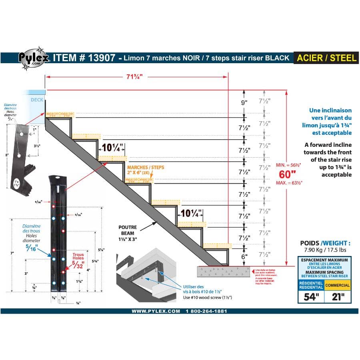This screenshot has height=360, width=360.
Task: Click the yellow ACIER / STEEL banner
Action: (326, 58)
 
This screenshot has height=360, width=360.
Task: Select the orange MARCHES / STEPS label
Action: (145, 167)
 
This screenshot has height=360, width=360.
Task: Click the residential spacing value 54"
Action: (311, 297)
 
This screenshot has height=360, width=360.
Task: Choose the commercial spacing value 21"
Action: (337, 297)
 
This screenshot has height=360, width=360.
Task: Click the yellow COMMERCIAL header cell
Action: (337, 285)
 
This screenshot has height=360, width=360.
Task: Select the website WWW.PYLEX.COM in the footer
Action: (156, 311)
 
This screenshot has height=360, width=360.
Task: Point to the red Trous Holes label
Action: (78, 256)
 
